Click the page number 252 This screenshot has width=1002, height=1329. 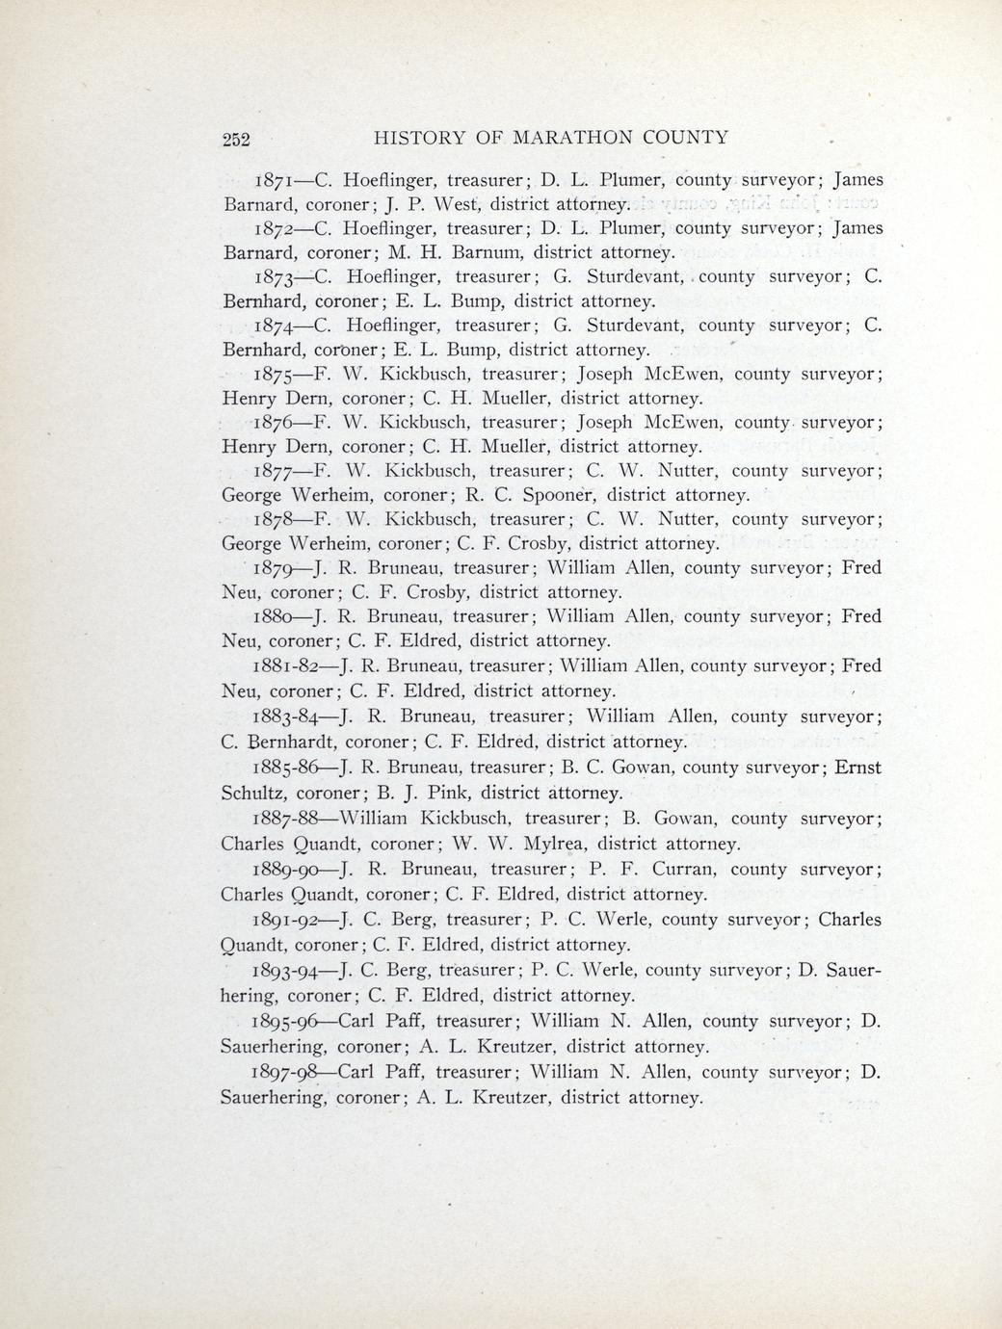coord(236,138)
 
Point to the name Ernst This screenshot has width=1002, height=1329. coord(857,769)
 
